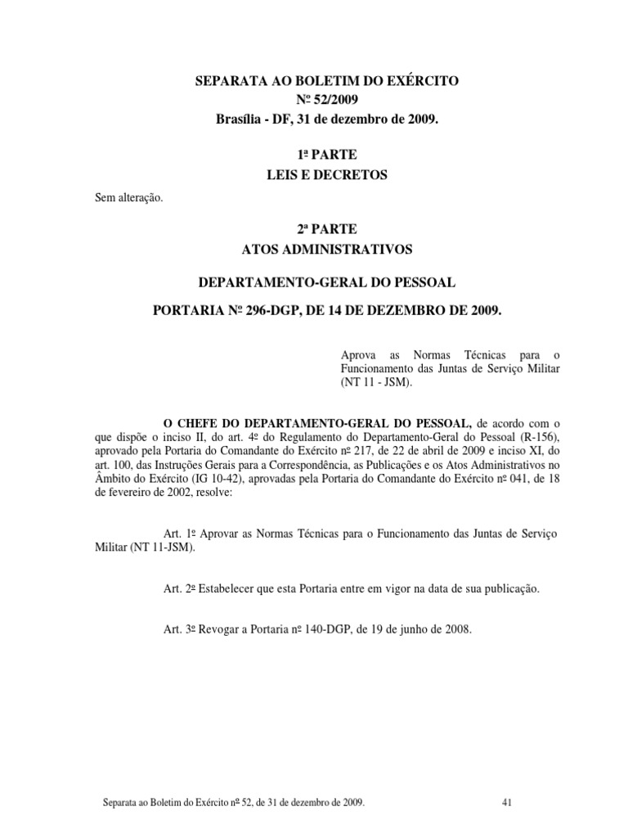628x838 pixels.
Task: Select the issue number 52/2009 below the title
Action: coord(325,100)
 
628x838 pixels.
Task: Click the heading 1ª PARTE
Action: coord(314,155)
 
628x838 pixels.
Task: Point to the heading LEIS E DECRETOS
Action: coord(314,174)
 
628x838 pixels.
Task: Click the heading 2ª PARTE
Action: coord(314,229)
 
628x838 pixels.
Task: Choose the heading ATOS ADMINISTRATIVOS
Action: coord(314,249)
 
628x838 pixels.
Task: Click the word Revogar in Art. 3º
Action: coord(229,631)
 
